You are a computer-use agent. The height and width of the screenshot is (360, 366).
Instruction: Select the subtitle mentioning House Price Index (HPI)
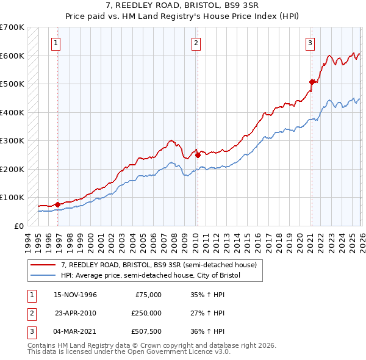coord(183,17)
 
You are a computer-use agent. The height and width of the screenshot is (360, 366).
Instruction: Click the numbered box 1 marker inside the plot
coord(56,43)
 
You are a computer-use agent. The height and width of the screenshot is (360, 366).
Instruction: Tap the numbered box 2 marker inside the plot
coord(196,43)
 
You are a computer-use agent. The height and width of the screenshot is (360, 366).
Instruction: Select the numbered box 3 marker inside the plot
coord(310,43)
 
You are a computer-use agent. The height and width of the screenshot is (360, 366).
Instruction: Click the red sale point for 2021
coord(311,81)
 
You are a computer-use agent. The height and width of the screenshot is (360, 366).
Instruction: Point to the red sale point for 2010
coord(198,155)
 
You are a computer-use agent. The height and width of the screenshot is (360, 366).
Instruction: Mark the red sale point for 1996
coord(57,204)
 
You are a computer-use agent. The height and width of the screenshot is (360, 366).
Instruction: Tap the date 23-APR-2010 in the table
coord(75,313)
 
